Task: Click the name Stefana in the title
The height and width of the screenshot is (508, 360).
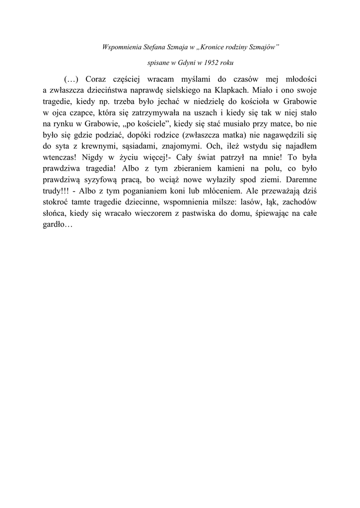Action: [149, 48]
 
